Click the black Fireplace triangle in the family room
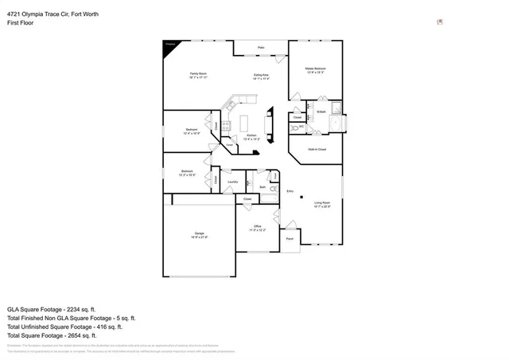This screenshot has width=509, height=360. [168, 47]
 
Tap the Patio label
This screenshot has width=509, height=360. [261, 48]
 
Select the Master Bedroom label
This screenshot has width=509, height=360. [317, 70]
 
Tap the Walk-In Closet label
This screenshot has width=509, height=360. [317, 149]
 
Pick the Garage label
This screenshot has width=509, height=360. [198, 234]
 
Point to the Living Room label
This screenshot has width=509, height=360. [321, 204]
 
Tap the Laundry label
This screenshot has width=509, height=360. [232, 182]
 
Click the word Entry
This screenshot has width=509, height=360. [290, 191]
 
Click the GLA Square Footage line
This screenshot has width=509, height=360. [51, 309]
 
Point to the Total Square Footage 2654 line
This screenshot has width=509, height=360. [51, 335]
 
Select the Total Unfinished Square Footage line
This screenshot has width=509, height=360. [64, 327]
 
